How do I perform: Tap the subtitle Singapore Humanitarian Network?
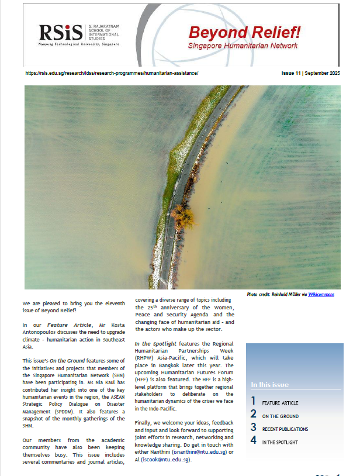click(x=243, y=46)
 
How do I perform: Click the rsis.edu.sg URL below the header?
click(x=112, y=73)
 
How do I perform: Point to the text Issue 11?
click(x=291, y=73)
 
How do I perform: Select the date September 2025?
click(x=323, y=73)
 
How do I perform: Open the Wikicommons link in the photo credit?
click(x=321, y=294)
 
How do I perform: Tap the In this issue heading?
click(x=269, y=385)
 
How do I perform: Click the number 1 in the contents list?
click(x=253, y=401)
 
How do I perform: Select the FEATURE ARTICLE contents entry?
click(x=281, y=403)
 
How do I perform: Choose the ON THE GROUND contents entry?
click(x=280, y=416)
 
